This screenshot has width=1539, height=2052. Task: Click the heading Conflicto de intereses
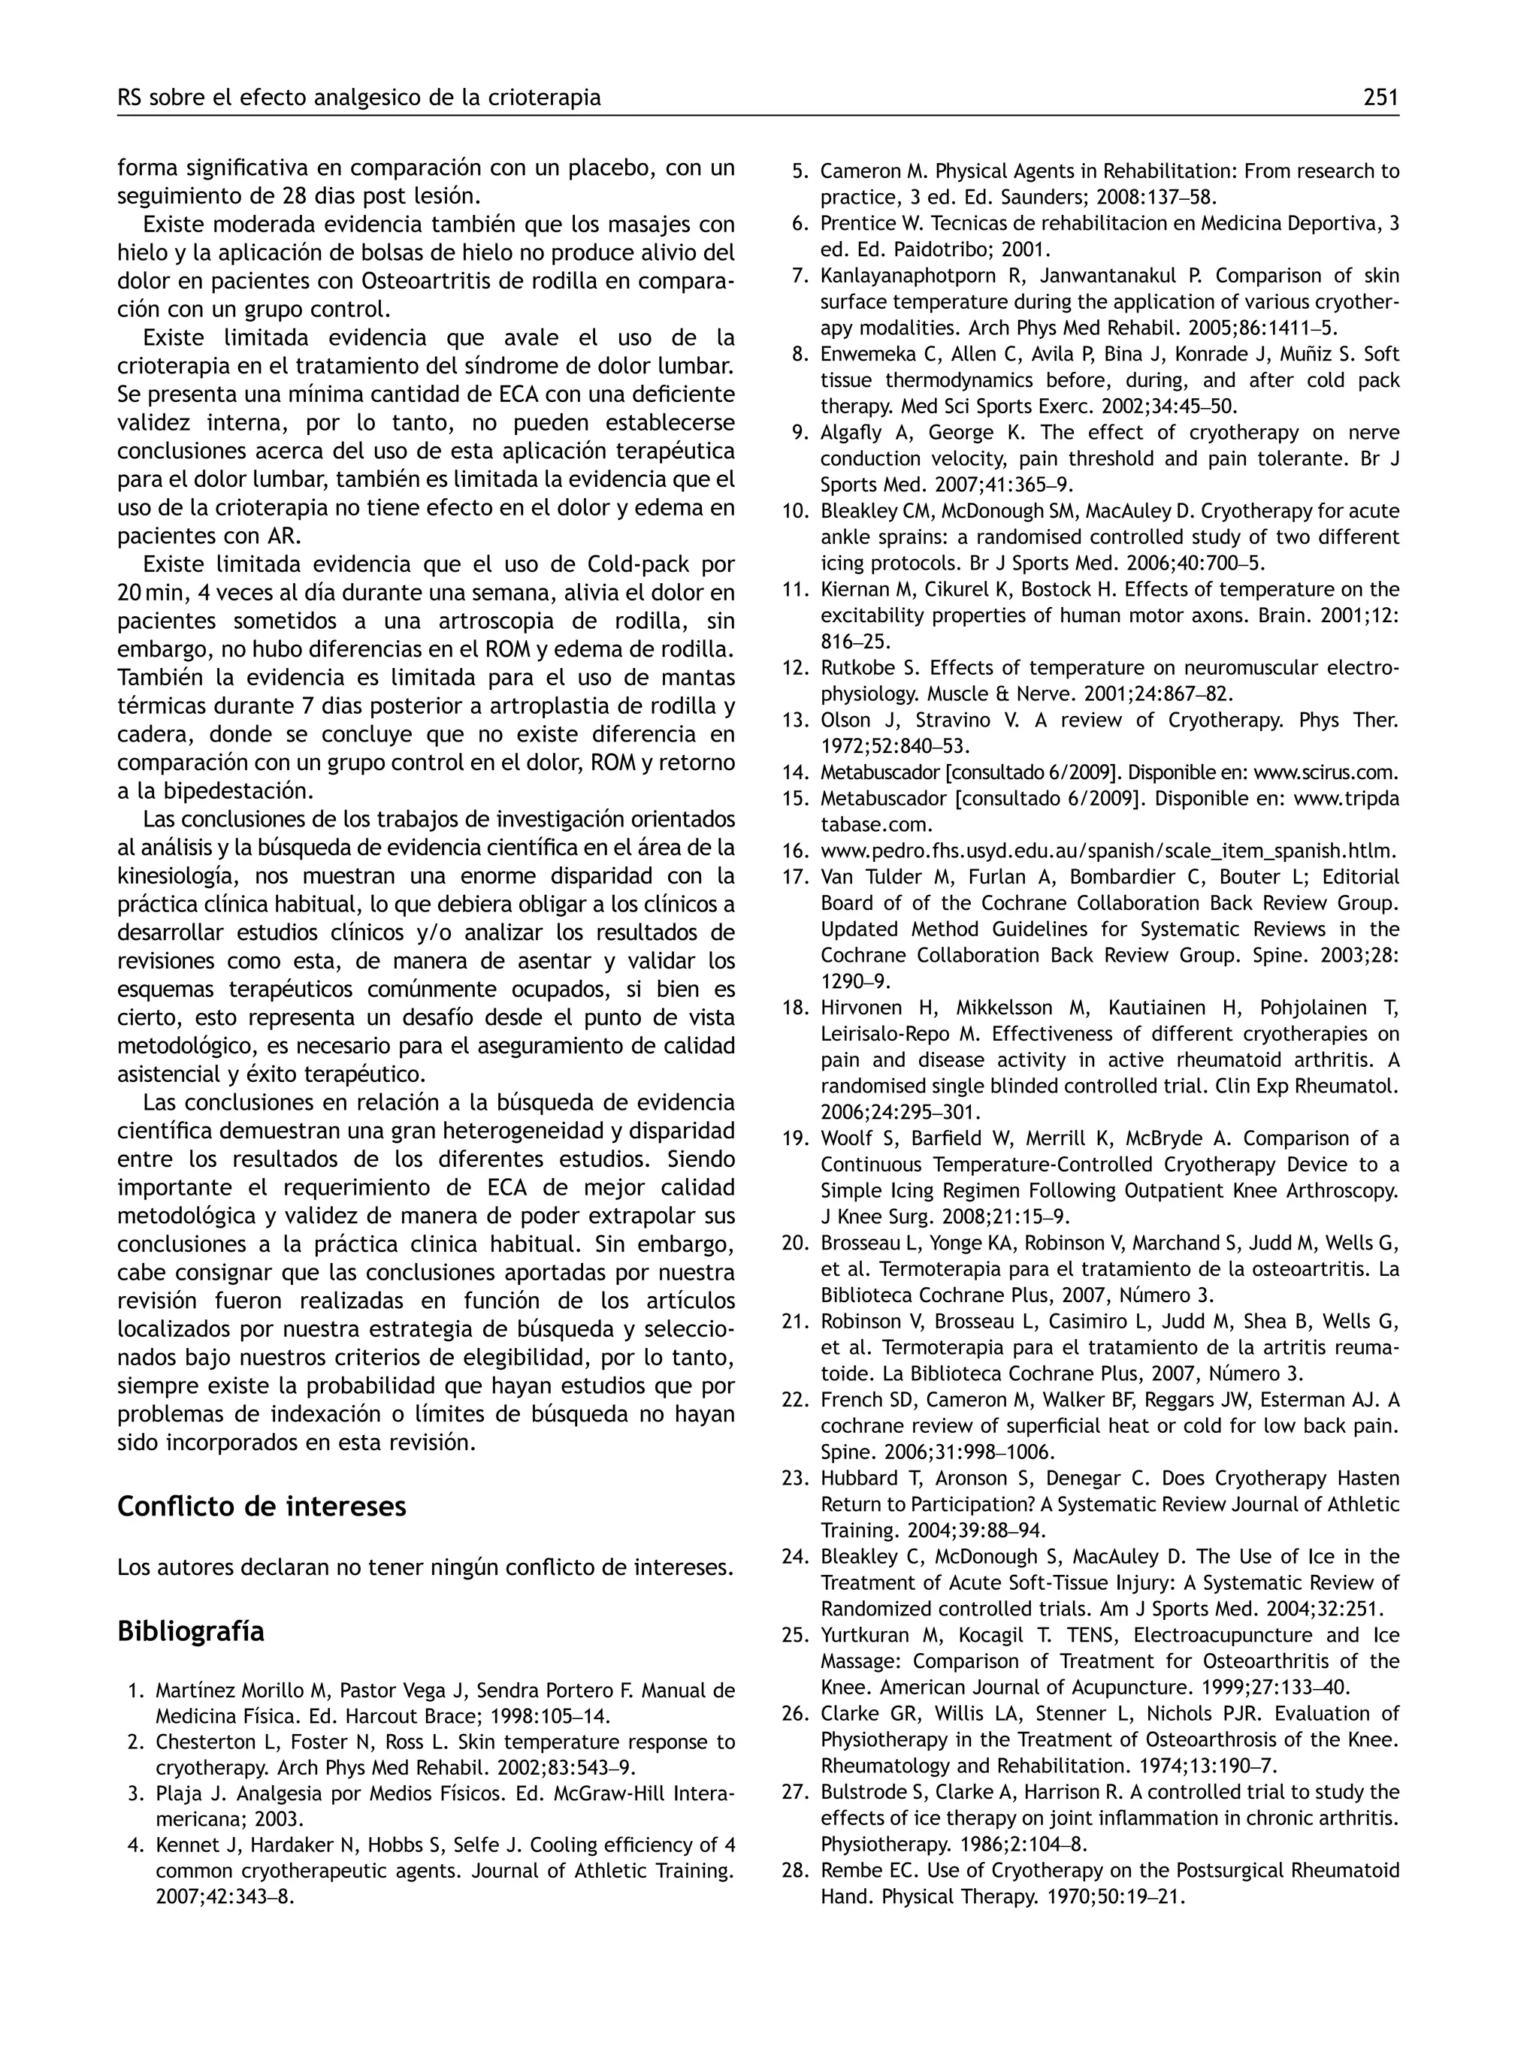[262, 1506]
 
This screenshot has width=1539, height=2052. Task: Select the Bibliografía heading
[190, 1630]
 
